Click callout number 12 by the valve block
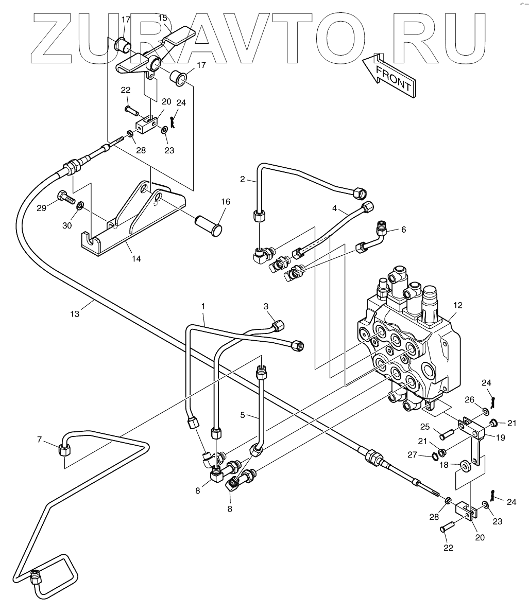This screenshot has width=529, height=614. coord(458,305)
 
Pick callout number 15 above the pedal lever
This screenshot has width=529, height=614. coord(162,18)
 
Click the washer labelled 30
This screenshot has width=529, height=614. coord(80,206)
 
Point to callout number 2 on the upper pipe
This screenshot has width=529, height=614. coord(242,179)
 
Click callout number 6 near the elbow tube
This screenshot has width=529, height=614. coord(403,230)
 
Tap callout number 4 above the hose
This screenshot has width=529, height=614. coord(334,209)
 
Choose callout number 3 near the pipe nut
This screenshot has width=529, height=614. coord(266,306)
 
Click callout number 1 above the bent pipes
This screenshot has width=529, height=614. coord(203,306)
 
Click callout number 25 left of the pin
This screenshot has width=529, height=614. coord(424,427)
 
